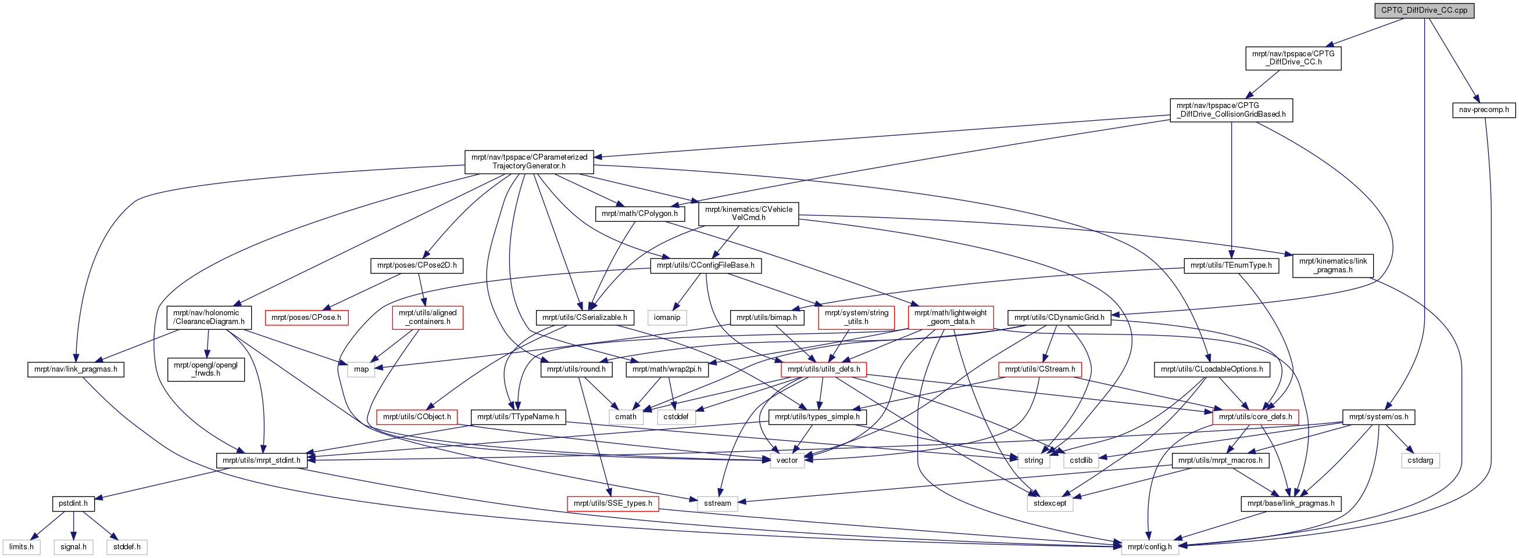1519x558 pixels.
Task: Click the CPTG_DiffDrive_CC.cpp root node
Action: coord(1424,10)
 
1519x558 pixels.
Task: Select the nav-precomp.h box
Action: coord(1484,110)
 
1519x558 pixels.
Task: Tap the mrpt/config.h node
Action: coord(1149,547)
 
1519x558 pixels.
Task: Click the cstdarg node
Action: coord(1420,460)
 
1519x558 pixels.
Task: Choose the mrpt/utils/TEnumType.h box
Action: coord(1231,266)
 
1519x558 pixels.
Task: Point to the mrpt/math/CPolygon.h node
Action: coord(640,213)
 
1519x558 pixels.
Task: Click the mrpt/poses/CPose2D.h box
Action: coord(417,266)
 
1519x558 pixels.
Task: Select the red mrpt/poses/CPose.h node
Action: coord(306,318)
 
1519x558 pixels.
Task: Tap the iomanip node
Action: coord(667,318)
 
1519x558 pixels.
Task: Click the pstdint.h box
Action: coord(73,504)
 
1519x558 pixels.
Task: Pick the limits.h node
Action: coord(22,547)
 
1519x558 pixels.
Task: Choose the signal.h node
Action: coord(73,547)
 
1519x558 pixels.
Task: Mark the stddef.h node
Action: coord(127,547)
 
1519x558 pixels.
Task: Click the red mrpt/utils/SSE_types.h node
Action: coord(613,504)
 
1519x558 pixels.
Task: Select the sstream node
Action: coord(717,504)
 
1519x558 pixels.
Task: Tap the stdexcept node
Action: coord(1050,504)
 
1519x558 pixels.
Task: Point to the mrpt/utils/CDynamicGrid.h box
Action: coord(1059,318)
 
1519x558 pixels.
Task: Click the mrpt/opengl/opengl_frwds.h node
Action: coord(206,369)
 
